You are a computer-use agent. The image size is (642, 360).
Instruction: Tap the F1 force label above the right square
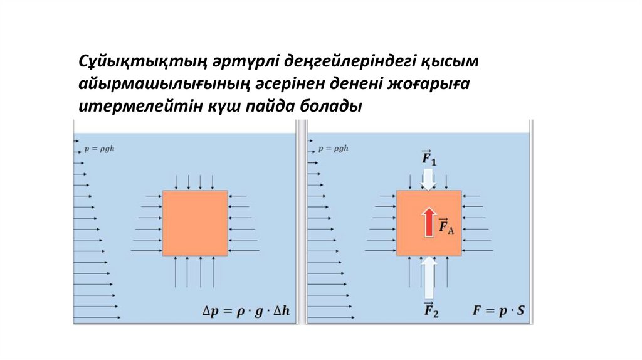(x=429, y=158)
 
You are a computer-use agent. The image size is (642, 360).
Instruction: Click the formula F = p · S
(x=498, y=309)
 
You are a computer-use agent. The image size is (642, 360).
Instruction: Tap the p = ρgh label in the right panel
(x=332, y=149)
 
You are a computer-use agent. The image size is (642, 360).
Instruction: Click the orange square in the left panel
(x=195, y=223)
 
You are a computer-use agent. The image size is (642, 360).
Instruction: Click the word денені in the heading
(x=357, y=85)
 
